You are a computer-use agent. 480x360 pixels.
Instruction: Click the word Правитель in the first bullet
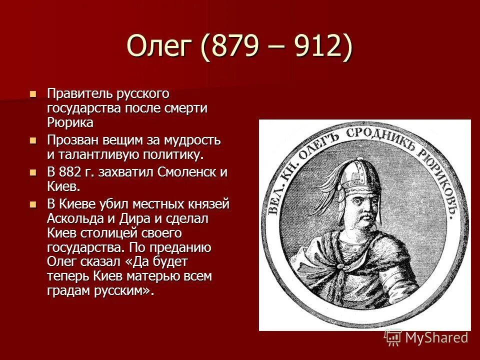(80, 93)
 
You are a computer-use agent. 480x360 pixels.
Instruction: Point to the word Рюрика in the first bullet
(70, 121)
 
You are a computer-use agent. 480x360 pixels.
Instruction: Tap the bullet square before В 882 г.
(33, 172)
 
